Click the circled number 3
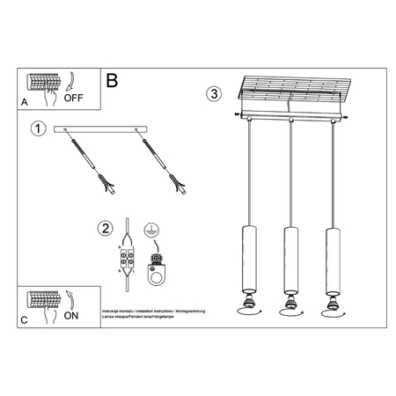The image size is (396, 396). click(213, 93)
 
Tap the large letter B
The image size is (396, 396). click(112, 80)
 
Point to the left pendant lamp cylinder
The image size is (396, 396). click(247, 258)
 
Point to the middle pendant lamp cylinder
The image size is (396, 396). click(289, 259)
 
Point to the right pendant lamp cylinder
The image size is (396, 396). click(331, 258)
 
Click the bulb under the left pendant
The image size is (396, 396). click(247, 305)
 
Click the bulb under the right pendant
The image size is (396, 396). click(331, 305)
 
